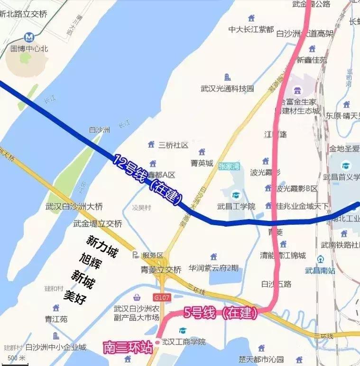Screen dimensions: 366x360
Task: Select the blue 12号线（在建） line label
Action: [x=148, y=180]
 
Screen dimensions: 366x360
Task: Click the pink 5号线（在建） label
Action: [x=221, y=313]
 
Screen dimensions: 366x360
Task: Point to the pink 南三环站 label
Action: [x=128, y=348]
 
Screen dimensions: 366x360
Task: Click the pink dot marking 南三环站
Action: [x=157, y=342]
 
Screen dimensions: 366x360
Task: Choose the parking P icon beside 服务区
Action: [x=136, y=255]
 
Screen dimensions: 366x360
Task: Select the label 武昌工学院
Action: [x=236, y=206]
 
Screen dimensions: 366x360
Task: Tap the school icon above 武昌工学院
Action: [x=236, y=195]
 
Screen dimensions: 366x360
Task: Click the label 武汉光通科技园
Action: [x=227, y=88]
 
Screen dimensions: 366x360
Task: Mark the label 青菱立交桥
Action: [x=161, y=270]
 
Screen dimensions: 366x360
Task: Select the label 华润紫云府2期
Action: [x=213, y=268]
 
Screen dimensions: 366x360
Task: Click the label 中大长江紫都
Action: [x=251, y=29]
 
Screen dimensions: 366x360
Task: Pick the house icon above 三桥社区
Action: [x=151, y=144]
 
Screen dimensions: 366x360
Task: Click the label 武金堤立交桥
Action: [x=98, y=223]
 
